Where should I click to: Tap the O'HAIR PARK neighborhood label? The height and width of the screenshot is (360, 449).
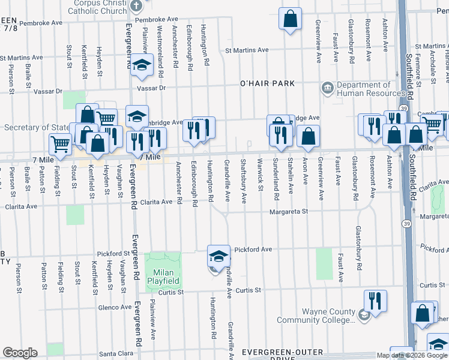267,83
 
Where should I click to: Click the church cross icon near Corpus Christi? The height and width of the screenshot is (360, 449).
136,7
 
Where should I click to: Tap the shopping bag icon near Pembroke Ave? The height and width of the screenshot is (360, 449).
290,19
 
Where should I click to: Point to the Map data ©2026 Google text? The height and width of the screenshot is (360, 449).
412,355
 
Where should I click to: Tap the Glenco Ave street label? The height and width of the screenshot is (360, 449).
113,307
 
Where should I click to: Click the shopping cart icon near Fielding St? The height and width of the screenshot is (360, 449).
61,144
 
